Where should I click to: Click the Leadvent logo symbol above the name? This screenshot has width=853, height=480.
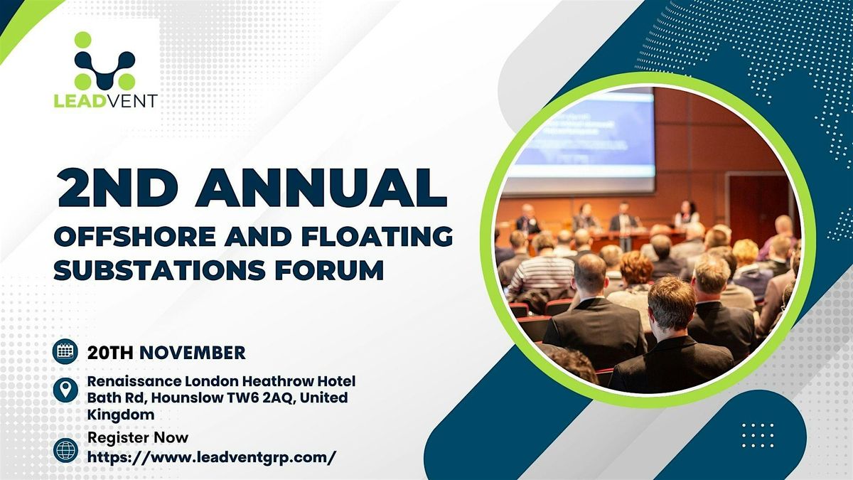[x=104, y=60]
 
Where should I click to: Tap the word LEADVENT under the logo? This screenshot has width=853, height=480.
[x=105, y=100]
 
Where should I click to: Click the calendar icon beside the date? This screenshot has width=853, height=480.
[x=65, y=351]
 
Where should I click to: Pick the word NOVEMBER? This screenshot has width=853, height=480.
[x=193, y=352]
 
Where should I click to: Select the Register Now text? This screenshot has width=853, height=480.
[x=138, y=437]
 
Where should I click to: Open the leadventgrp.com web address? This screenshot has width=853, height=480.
[x=211, y=457]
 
